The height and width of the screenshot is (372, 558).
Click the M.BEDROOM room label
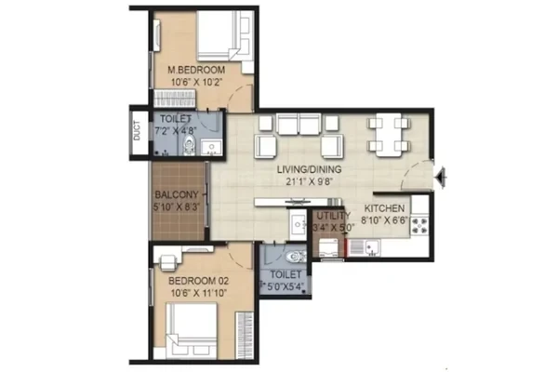click(196, 70)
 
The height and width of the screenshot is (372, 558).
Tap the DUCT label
click(137, 130)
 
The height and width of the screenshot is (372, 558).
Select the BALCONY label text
click(177, 194)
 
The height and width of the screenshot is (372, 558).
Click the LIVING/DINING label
click(310, 169)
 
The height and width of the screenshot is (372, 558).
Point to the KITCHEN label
click(384, 208)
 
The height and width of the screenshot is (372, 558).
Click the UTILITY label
click(334, 216)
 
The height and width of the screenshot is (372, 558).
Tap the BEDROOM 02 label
click(199, 281)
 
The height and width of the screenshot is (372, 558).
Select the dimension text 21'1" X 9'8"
click(310, 182)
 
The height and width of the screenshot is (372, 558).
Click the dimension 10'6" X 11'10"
click(199, 293)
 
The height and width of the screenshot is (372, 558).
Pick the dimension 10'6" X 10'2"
click(197, 82)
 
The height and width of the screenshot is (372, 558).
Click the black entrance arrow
click(441, 177)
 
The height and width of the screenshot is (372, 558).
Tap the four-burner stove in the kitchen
click(419, 226)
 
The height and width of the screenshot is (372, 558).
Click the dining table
click(389, 135)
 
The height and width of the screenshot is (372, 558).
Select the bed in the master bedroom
click(223, 35)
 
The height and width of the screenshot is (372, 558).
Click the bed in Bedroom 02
click(193, 330)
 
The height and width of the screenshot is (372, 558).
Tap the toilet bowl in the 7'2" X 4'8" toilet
click(189, 144)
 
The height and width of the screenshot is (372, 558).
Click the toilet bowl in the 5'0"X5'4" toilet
click(295, 256)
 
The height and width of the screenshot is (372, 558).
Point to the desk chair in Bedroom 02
click(167, 262)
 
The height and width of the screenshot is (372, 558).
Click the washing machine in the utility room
click(330, 247)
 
